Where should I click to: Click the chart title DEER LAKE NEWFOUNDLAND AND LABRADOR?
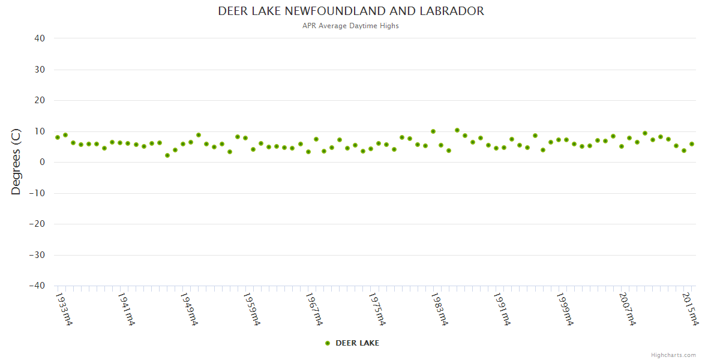[351, 11]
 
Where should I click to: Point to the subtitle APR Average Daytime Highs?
[351, 26]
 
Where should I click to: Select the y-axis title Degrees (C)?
[16, 162]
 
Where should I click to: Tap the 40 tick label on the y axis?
[40, 38]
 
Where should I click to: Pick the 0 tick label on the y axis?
[43, 162]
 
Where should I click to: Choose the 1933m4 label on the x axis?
[64, 308]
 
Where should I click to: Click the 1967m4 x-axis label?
[314, 308]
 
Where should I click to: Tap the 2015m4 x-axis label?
[691, 308]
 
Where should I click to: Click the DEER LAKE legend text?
[357, 343]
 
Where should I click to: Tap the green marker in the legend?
[328, 343]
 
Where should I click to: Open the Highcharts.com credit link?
[673, 355]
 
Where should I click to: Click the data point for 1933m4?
[58, 137]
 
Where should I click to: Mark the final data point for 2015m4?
[692, 144]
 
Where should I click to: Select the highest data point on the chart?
[457, 130]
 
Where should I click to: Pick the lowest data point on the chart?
[167, 155]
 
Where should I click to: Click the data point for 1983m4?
[433, 131]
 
